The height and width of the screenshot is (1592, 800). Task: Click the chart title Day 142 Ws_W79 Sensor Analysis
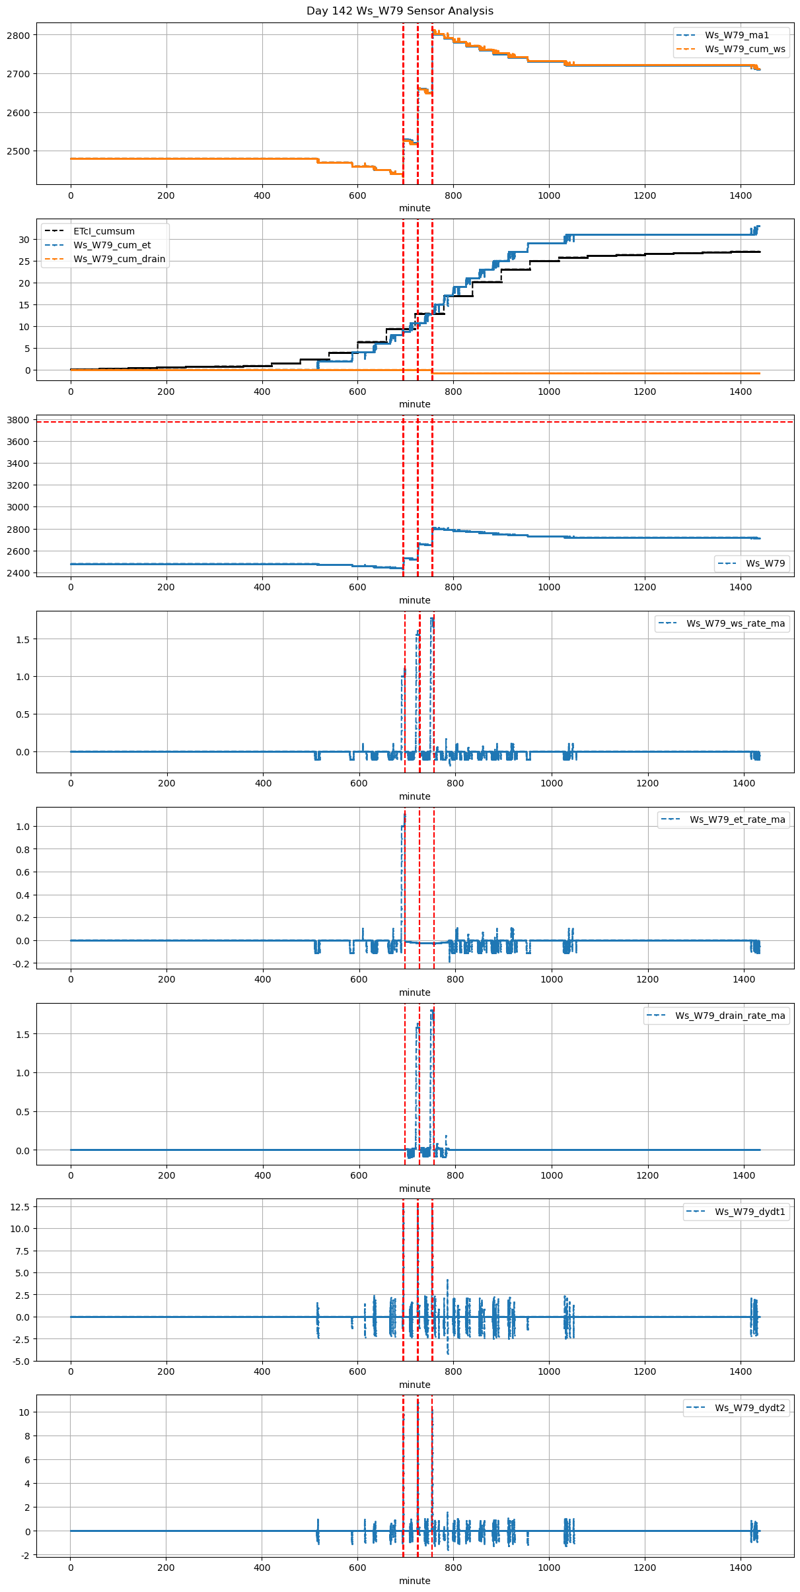point(400,11)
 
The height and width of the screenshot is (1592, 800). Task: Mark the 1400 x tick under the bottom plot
point(741,1570)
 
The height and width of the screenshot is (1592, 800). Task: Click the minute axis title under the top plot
point(414,208)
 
